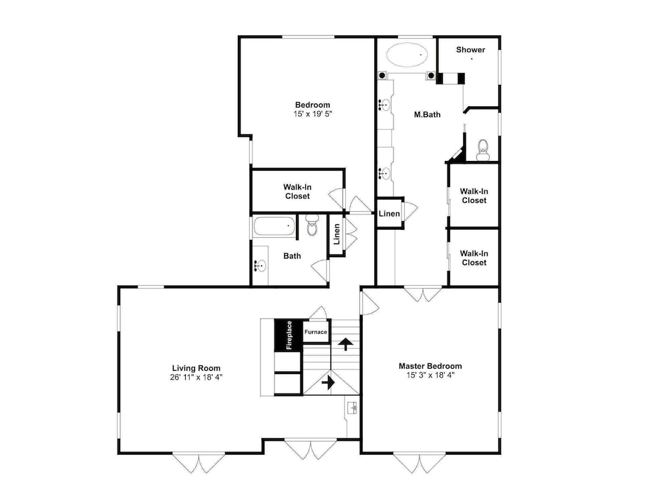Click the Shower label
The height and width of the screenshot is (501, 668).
click(x=470, y=49)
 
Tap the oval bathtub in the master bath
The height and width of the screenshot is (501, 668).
click(x=407, y=55)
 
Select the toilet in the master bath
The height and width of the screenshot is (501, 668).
click(x=483, y=150)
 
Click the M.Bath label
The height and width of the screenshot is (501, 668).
click(x=428, y=114)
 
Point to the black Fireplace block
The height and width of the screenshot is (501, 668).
click(x=289, y=335)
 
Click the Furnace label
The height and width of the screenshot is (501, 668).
click(x=316, y=332)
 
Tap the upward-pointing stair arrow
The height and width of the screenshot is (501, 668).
click(x=345, y=343)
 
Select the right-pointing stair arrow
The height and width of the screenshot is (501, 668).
click(x=328, y=382)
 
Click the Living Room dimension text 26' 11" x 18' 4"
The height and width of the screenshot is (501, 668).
click(x=196, y=377)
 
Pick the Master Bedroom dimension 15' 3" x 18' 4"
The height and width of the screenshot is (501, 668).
click(x=430, y=375)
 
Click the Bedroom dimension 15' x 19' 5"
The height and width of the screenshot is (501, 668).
click(x=312, y=114)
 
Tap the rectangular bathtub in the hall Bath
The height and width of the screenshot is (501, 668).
click(x=275, y=226)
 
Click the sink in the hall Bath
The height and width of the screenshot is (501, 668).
click(x=259, y=265)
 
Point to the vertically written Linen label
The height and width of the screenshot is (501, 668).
click(x=337, y=234)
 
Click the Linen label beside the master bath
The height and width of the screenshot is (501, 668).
click(x=389, y=214)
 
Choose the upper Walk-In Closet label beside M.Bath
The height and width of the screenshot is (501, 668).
click(x=474, y=196)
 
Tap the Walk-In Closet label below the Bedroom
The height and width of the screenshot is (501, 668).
click(x=297, y=191)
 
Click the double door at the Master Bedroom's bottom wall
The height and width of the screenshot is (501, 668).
click(x=420, y=463)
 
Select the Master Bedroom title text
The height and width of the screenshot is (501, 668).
click(x=430, y=365)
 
